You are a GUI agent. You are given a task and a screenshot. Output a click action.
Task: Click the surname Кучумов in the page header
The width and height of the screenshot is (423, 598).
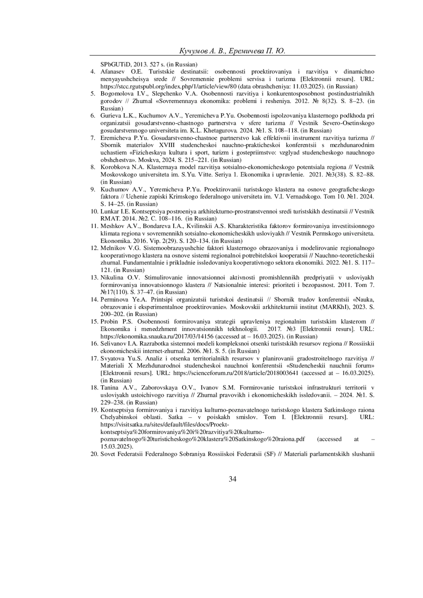pyautogui.click(x=193, y=51)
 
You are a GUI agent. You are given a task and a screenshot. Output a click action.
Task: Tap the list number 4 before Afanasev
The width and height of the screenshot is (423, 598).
pyautogui.click(x=93, y=72)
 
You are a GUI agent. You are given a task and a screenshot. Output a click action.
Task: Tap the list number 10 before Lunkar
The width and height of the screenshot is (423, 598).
pyautogui.click(x=94, y=211)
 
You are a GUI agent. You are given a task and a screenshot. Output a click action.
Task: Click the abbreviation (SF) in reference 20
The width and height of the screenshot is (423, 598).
pyautogui.click(x=269, y=454)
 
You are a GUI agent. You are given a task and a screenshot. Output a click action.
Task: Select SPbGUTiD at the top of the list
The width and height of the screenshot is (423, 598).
pyautogui.click(x=115, y=64)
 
